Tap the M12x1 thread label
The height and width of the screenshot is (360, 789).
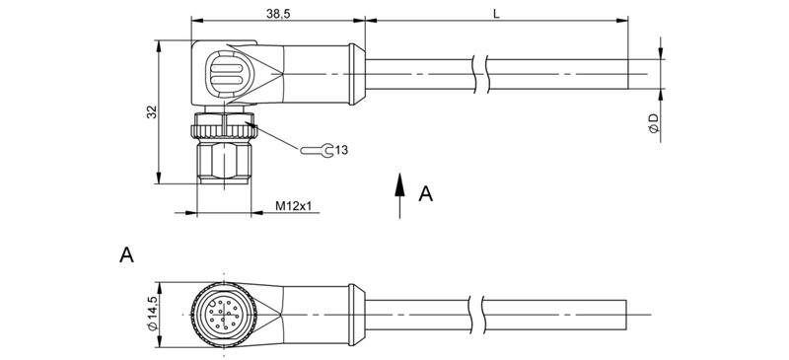[293, 206]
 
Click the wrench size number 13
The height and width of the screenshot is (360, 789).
[342, 150]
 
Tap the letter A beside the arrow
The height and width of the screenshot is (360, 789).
[425, 194]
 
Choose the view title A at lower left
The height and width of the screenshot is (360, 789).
[126, 256]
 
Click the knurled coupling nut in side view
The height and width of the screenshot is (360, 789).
[223, 125]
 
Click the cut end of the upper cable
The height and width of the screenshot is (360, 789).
[627, 75]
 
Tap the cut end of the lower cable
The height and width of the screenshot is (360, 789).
[627, 313]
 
